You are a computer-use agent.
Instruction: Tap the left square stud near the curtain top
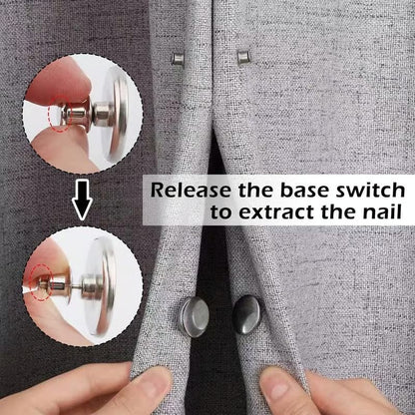(177, 59)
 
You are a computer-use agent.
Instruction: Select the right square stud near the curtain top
(242, 59)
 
